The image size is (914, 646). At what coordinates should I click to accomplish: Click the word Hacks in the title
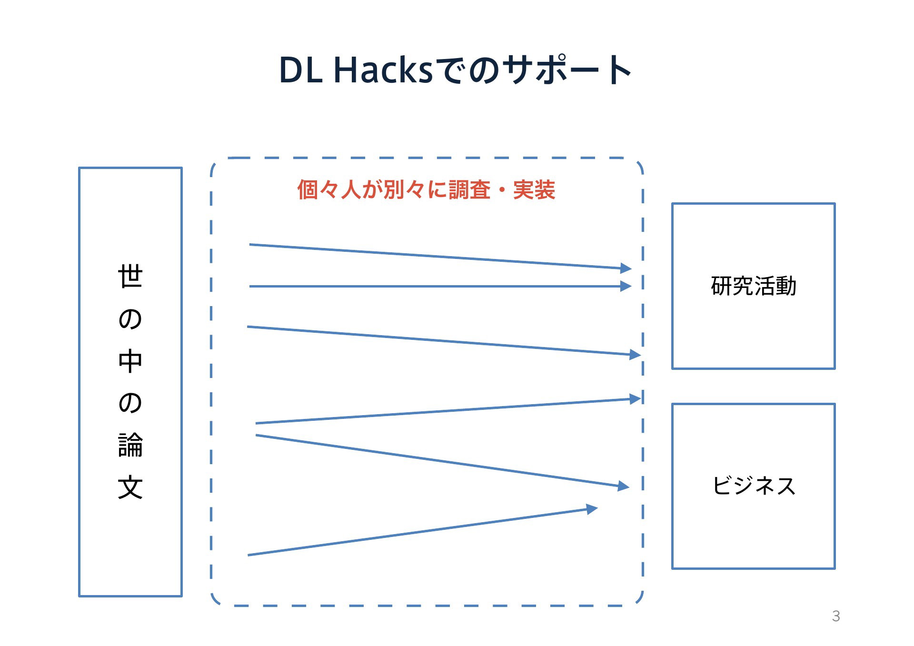tap(383, 70)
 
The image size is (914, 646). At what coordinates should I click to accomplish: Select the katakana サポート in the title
tap(567, 70)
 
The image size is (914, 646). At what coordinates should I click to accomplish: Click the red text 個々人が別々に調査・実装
tap(426, 189)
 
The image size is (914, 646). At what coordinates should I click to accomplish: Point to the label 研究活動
tap(754, 286)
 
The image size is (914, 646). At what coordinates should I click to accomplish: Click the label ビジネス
tap(754, 486)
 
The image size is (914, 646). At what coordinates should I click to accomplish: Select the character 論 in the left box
tap(130, 445)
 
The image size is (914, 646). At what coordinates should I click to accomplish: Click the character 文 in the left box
tap(130, 487)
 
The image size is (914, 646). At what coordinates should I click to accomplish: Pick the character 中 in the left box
tap(130, 361)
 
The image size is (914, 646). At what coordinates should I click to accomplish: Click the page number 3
tap(836, 616)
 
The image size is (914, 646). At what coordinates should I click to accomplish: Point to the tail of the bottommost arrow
tap(248, 555)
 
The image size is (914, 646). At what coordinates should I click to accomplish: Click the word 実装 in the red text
tap(534, 189)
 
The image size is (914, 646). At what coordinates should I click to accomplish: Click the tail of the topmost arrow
tap(249, 245)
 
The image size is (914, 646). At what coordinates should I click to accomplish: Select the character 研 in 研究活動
tap(721, 286)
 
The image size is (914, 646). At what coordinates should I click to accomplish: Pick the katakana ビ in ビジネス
tap(722, 486)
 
